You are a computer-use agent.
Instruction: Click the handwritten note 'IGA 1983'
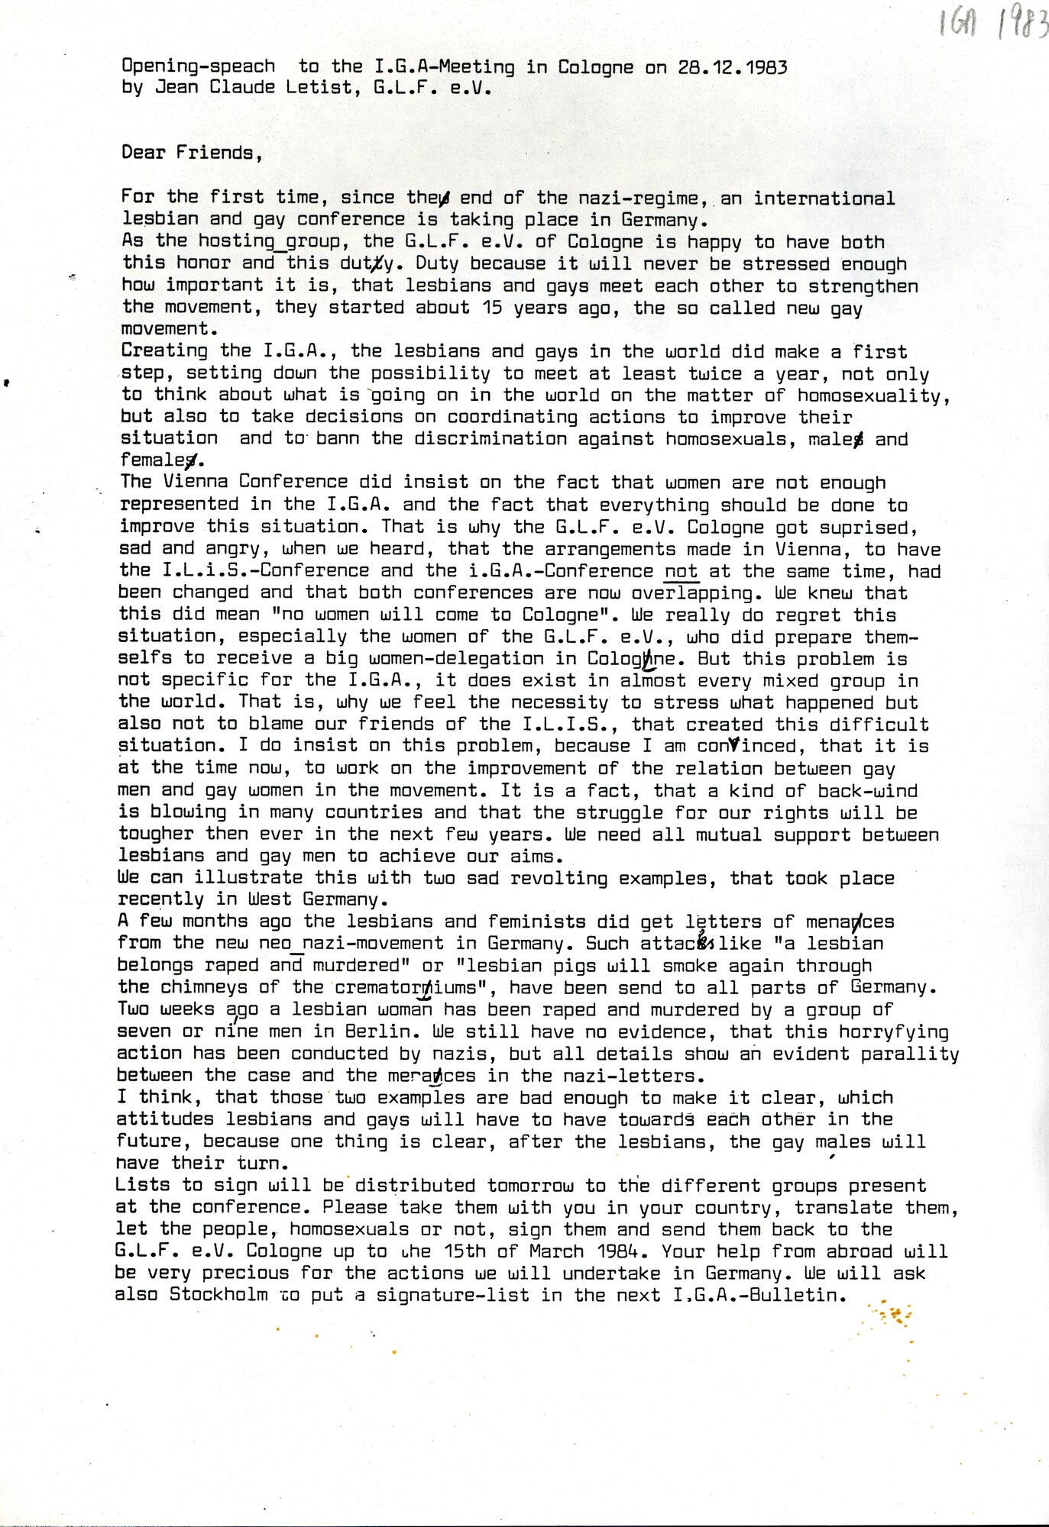click(994, 25)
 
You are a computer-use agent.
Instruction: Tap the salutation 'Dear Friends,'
click(192, 153)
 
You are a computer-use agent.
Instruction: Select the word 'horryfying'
click(894, 1032)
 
